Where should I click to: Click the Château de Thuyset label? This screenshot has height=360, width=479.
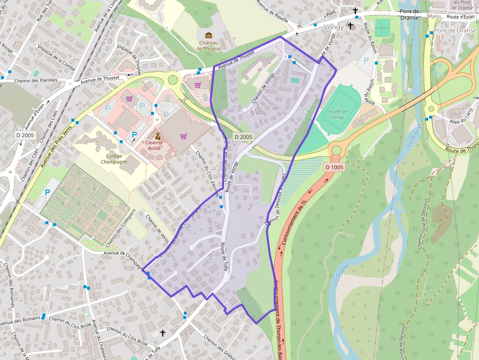(x=209, y=45)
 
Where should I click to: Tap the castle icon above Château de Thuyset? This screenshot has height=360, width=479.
(x=209, y=36)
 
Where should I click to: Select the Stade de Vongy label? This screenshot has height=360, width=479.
(x=337, y=114)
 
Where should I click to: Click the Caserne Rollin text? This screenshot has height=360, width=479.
(x=157, y=146)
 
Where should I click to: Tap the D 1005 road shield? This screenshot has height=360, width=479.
(x=334, y=167)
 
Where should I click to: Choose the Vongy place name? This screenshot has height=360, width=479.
(x=334, y=27)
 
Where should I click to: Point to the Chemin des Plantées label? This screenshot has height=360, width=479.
(x=36, y=81)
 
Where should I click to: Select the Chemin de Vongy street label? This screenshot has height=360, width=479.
(x=263, y=88)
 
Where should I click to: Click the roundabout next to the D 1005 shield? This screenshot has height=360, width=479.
(x=336, y=150)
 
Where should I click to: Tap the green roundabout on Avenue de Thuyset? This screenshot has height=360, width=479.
(x=173, y=79)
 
